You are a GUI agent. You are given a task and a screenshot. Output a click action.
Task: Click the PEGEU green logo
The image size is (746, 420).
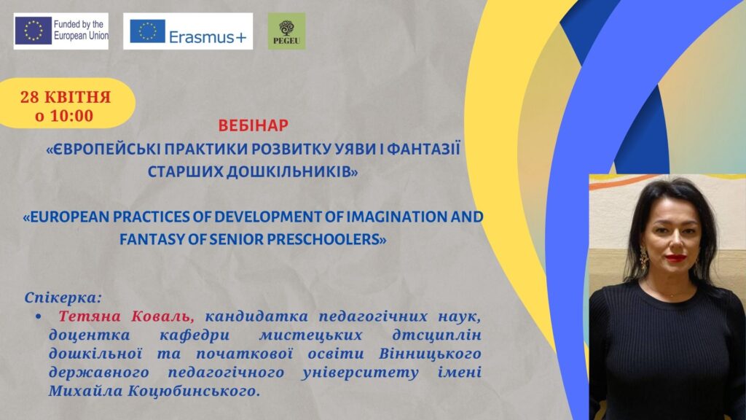tap(286, 31)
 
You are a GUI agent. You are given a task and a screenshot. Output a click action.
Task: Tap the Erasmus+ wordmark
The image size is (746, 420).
tap(208, 37)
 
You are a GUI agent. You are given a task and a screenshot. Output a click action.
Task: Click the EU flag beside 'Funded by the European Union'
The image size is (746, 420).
tap(33, 31)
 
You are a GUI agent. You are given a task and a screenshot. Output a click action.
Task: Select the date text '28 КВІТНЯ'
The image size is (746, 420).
tap(65, 97)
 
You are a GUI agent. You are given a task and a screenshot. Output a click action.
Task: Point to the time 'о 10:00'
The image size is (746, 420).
tap(64, 116)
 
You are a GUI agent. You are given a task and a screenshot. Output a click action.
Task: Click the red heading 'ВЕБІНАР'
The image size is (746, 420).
tap(253, 125)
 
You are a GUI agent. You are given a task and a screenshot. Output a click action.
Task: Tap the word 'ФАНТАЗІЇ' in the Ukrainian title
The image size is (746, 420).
tap(423, 149)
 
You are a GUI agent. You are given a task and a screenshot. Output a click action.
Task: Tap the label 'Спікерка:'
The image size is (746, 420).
tap(63, 298)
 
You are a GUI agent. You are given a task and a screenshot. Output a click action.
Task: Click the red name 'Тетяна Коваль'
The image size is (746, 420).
tap(126, 316)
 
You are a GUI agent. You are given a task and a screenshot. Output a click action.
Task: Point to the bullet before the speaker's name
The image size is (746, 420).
tap(38, 316)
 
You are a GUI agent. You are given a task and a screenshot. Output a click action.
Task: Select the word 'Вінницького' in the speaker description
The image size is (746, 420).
tap(430, 354)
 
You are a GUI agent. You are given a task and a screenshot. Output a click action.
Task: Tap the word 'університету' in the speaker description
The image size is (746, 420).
tap(360, 373)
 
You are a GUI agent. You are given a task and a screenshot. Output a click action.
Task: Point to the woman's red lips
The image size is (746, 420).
tap(675, 257)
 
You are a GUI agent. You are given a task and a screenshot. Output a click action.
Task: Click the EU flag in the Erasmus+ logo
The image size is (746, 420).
tap(147, 31)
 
